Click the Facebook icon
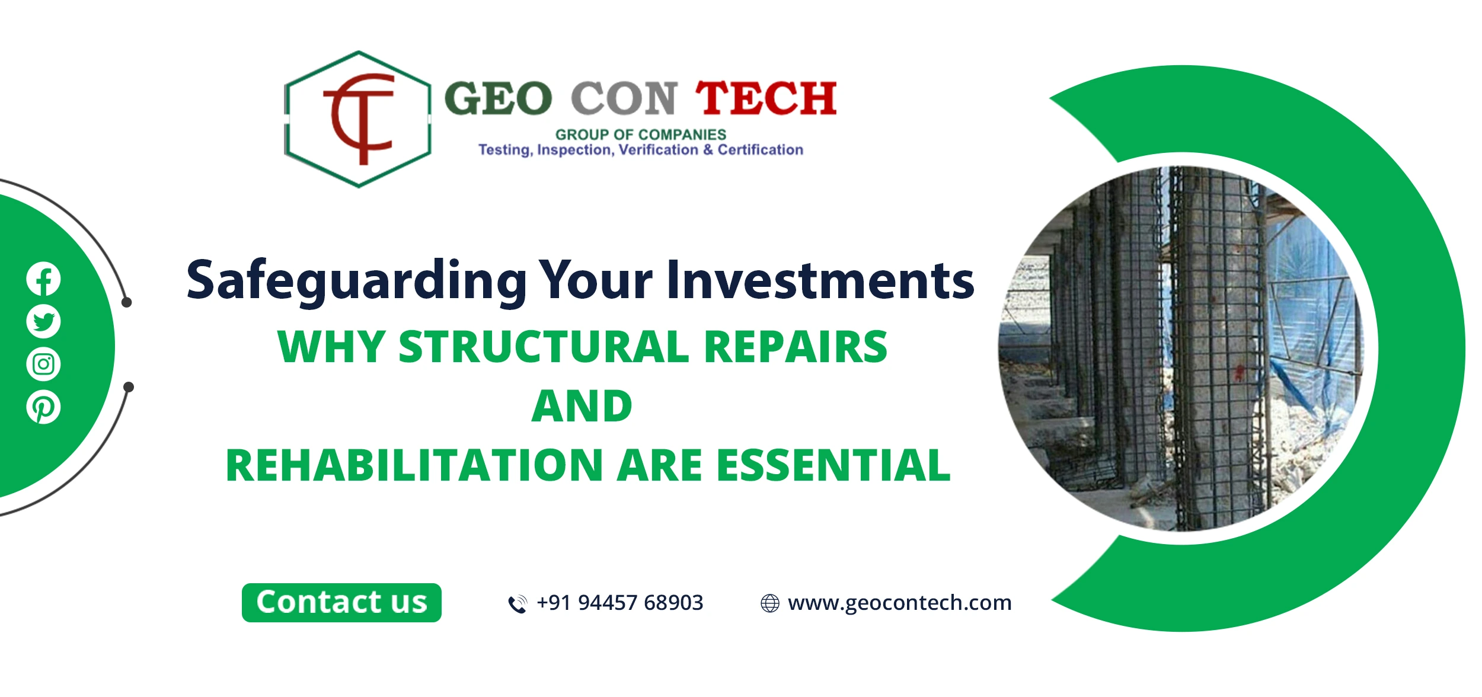coord(43,279)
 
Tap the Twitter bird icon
coord(43,321)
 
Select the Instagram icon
coord(43,364)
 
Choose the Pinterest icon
coord(43,407)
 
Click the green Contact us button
coord(341,603)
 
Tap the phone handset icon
coord(518,604)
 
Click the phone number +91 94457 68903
coord(619,603)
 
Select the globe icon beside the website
coord(769,603)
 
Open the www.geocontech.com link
coord(899,603)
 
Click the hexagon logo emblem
coord(358,119)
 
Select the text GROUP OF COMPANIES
coord(640,135)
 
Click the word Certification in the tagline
coord(760,150)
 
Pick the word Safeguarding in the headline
coord(356,281)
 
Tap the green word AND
coord(582,407)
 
